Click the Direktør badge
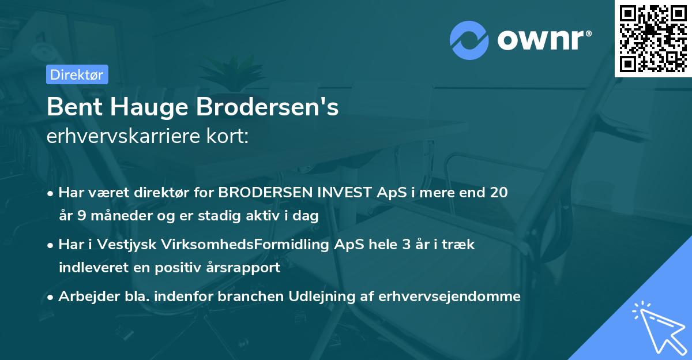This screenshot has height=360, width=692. (x=77, y=74)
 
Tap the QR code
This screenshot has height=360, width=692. (x=653, y=38)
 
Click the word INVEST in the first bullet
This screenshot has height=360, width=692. (x=343, y=193)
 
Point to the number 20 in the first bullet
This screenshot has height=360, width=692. (x=499, y=193)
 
